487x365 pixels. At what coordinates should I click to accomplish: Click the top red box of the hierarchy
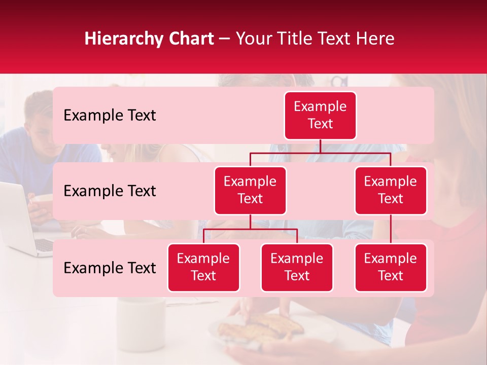coord(320,116)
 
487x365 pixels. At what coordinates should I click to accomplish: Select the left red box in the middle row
coord(250,191)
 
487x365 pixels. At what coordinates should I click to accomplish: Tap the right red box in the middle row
coord(391,191)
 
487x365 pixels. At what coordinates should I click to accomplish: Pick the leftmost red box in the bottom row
coord(203,268)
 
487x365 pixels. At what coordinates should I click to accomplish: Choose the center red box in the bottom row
coord(297,268)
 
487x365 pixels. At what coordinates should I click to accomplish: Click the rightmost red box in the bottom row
coord(391,268)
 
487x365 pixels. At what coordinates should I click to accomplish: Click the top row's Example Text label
coord(110,116)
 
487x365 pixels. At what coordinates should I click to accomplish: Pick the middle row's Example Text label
coord(110,191)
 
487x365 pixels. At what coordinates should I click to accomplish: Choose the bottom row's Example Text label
coord(110,268)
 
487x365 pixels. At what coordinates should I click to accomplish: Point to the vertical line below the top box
coord(320,146)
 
